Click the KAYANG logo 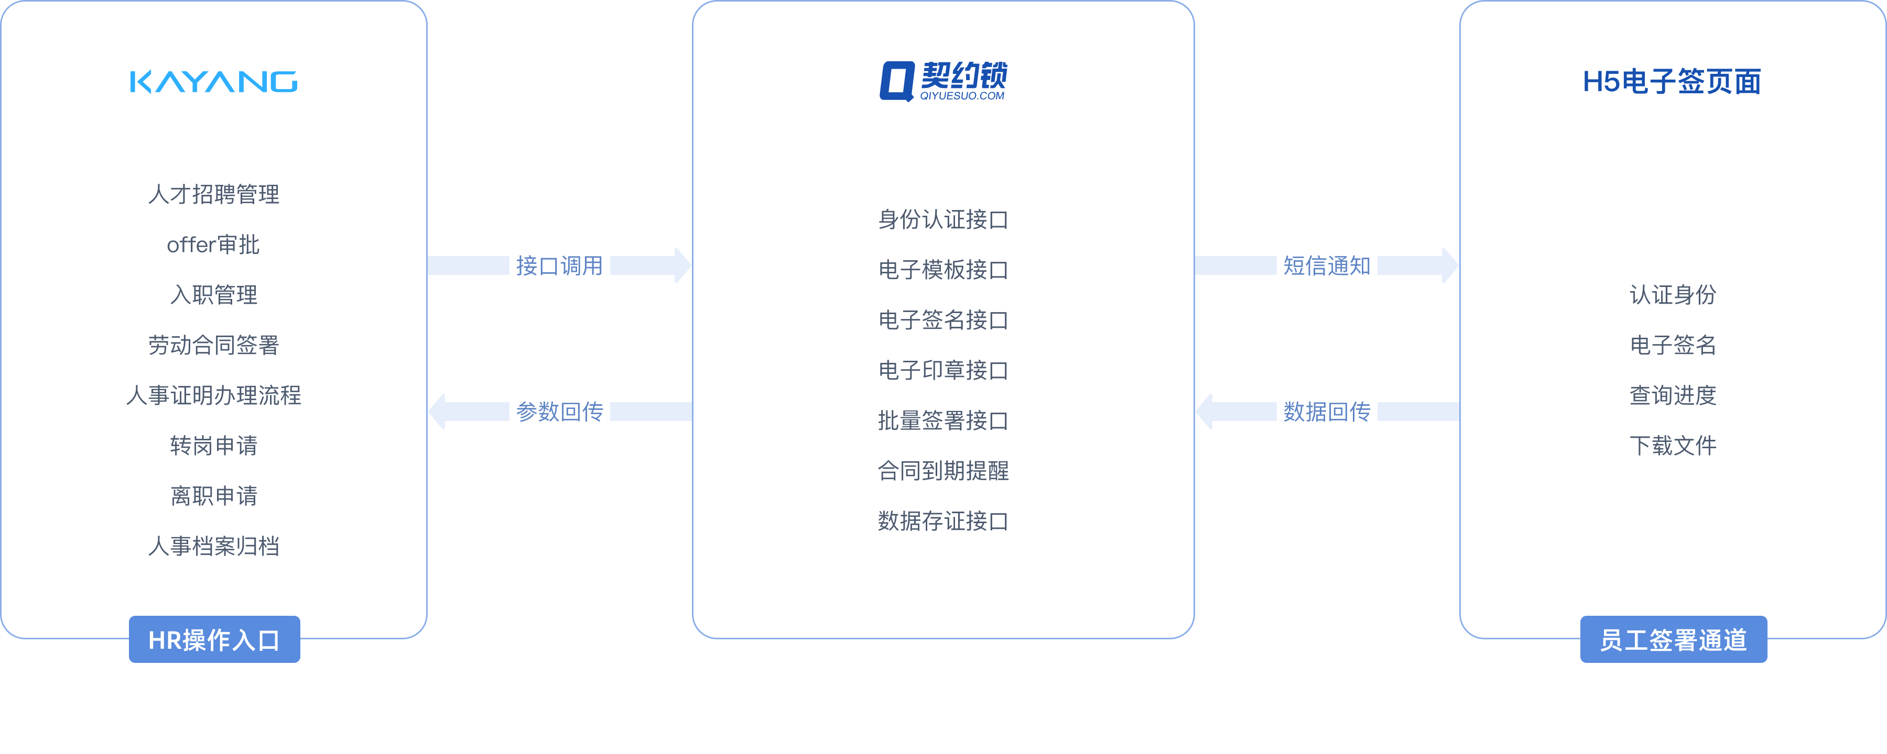pos(213,82)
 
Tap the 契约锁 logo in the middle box pos(943,81)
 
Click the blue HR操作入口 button pos(214,639)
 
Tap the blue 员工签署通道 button pos(1673,639)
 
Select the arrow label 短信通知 pos(1326,265)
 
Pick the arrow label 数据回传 pos(1326,412)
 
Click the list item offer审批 pos(213,245)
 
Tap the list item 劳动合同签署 pos(213,345)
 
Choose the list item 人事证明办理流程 pos(213,395)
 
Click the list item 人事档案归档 pos(213,546)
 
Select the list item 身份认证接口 pos(943,219)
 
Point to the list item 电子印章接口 pos(943,370)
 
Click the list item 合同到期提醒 pos(943,471)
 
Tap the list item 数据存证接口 pos(943,521)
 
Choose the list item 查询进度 pos(1673,395)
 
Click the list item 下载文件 pos(1673,445)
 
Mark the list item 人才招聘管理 pos(213,194)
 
